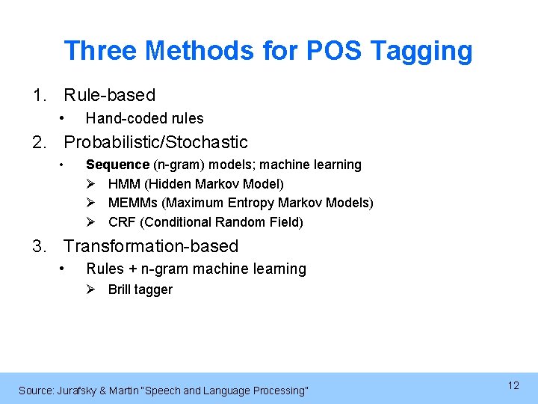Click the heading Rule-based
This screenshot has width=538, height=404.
(109, 95)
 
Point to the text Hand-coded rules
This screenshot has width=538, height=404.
(144, 118)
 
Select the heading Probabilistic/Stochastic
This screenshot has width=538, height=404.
(155, 142)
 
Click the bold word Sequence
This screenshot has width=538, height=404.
(117, 165)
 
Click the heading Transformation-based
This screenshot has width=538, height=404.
(151, 246)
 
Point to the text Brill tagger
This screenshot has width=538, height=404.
(140, 290)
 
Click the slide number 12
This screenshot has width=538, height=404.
(513, 385)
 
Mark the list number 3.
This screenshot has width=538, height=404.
(37, 246)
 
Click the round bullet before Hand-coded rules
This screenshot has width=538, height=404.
(65, 118)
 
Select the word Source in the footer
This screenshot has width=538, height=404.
(35, 391)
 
